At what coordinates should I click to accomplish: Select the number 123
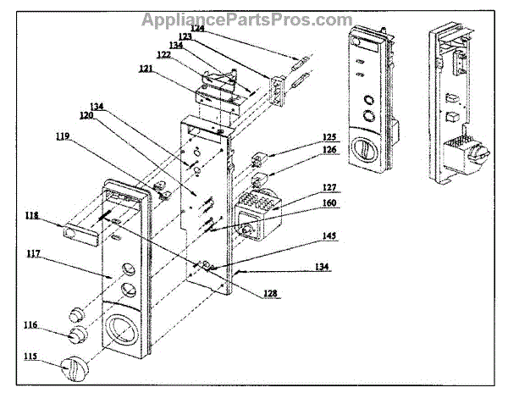[x=185, y=37]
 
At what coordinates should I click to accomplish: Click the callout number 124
[x=196, y=28]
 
